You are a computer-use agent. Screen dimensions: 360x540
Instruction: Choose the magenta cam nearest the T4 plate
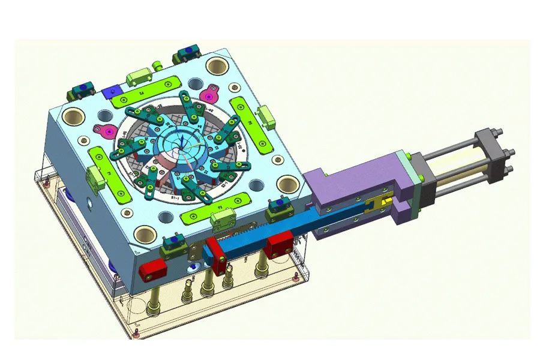tap(209, 94)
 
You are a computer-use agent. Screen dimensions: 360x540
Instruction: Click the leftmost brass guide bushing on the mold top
tap(76, 116)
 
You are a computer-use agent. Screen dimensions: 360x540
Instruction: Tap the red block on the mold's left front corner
tap(152, 270)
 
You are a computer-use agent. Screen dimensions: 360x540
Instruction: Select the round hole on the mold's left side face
tap(91, 204)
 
